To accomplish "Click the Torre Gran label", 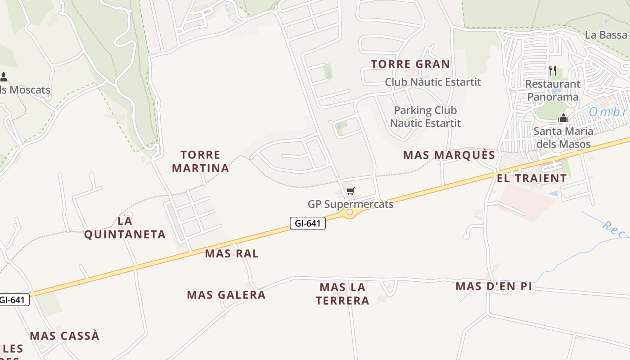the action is [x=410, y=64].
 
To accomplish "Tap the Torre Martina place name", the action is [x=200, y=162].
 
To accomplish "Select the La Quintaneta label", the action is [x=125, y=228].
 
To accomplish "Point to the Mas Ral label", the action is [x=232, y=254].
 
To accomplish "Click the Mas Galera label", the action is [x=226, y=295].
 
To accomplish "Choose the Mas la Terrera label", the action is [x=342, y=294].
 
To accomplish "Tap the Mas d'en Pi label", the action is [x=494, y=287].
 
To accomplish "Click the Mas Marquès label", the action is [x=449, y=156].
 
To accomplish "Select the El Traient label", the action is [x=531, y=179].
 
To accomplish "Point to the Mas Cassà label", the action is [x=65, y=336].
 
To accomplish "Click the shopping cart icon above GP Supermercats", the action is [x=351, y=191].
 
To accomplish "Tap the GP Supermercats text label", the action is [x=351, y=204].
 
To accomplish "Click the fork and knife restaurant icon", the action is [x=553, y=71].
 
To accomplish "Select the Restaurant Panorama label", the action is [x=553, y=90].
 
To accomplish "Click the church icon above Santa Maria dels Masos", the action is [x=563, y=118].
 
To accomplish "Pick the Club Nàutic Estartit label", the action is [x=432, y=82].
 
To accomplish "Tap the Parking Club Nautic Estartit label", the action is [x=425, y=117].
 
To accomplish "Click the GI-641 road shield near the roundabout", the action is [x=307, y=223].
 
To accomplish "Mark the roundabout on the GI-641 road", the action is [x=350, y=211].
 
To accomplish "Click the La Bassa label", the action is [x=606, y=35].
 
